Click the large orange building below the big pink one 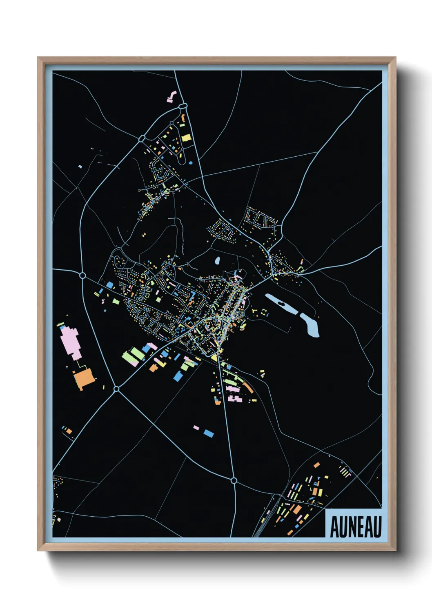(x=85, y=378)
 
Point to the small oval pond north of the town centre (x=217, y=260)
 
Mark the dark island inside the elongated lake (x=281, y=304)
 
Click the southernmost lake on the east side (x=310, y=325)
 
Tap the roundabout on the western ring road (x=82, y=276)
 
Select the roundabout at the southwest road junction (x=116, y=389)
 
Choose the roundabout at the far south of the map (x=234, y=481)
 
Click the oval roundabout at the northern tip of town (x=183, y=106)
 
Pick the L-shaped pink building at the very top (x=171, y=97)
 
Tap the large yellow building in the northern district (x=186, y=138)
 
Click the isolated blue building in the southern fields (x=209, y=433)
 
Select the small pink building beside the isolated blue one (x=196, y=428)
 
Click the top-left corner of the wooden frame (x=38, y=58)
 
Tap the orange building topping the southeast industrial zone (x=316, y=464)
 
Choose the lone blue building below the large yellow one (x=190, y=163)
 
